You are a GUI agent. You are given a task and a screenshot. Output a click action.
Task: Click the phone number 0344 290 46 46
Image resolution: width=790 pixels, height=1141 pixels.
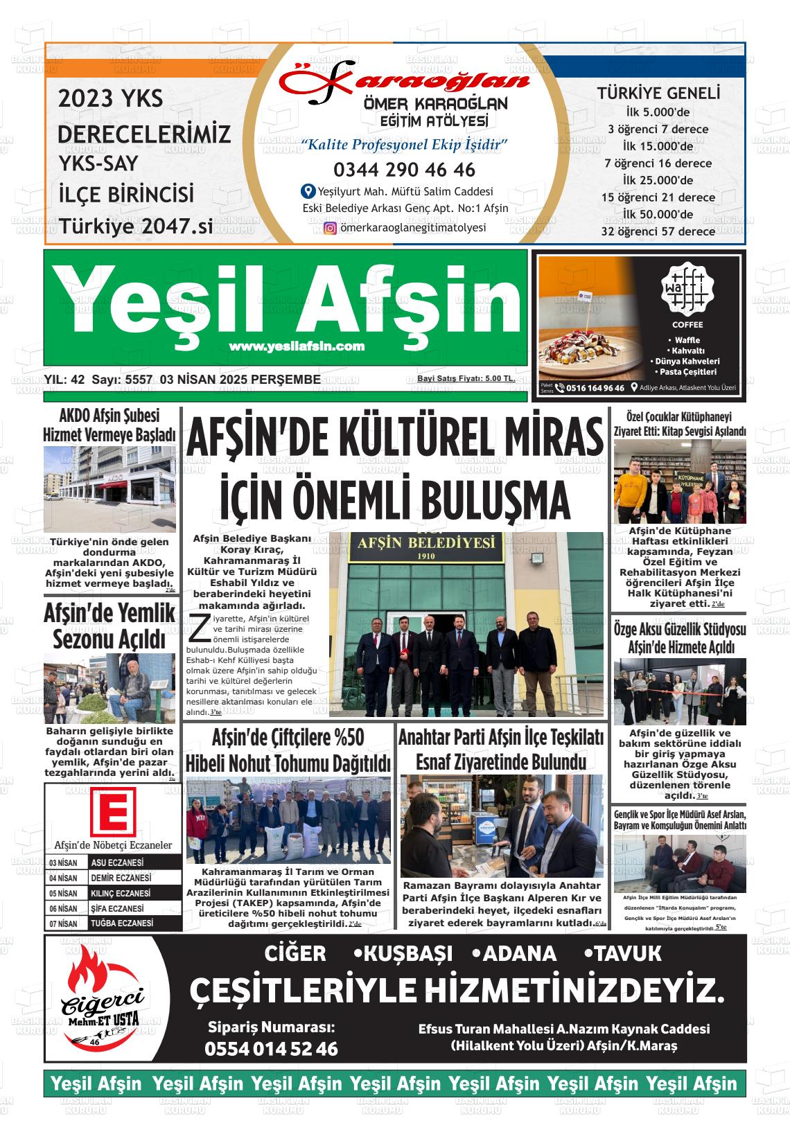click(x=404, y=170)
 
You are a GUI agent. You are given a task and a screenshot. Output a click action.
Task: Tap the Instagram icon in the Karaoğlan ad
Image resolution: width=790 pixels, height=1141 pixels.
click(x=331, y=228)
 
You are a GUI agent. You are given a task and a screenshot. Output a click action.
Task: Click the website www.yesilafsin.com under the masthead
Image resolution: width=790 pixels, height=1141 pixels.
click(x=297, y=346)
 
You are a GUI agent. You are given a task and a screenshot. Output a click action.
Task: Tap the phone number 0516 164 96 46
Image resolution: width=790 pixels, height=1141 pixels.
click(x=595, y=388)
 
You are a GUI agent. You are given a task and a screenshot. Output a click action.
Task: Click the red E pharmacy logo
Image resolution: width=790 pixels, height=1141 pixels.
click(x=113, y=814)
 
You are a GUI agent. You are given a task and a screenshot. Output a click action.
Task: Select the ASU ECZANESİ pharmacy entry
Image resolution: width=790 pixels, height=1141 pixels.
click(x=118, y=863)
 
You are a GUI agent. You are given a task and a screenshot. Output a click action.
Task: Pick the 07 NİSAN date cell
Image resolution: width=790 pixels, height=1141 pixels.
click(x=63, y=923)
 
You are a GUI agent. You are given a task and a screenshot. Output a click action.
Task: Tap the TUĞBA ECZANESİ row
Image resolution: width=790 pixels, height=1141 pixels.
click(x=119, y=923)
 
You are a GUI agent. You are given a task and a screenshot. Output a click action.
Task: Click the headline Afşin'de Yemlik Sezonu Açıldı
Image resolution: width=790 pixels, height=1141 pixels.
click(x=109, y=626)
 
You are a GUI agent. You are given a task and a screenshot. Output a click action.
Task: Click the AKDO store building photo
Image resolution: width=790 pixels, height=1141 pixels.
click(x=109, y=488)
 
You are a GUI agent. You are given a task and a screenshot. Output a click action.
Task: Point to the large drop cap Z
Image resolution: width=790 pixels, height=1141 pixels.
click(x=199, y=628)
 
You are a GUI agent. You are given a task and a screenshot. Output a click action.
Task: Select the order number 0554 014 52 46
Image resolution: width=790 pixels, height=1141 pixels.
click(x=271, y=1049)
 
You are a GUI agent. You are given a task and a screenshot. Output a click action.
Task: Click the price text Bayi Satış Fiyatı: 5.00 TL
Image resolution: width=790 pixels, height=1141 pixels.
click(x=466, y=378)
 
